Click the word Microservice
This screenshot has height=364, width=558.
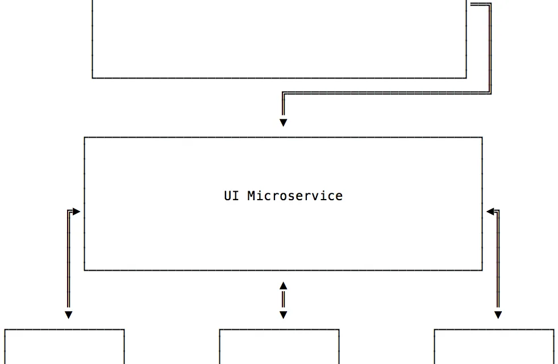[295, 196]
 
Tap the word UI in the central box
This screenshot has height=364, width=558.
[231, 196]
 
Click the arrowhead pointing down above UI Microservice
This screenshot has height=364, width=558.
[284, 123]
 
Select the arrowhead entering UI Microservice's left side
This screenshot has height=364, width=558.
[77, 212]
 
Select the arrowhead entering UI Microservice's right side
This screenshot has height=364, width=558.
[490, 212]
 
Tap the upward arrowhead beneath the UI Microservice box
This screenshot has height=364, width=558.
[284, 286]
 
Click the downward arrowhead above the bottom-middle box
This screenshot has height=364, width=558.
[284, 315]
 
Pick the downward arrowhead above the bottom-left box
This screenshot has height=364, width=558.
[69, 315]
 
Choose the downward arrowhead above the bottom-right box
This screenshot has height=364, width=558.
[498, 315]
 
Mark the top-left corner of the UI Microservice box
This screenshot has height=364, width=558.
[84, 137]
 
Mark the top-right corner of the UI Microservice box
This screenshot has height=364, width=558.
[482, 137]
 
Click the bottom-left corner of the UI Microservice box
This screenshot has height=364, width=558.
[84, 270]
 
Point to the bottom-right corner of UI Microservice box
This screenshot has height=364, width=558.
[482, 270]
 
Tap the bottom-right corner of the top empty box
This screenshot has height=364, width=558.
[466, 78]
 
